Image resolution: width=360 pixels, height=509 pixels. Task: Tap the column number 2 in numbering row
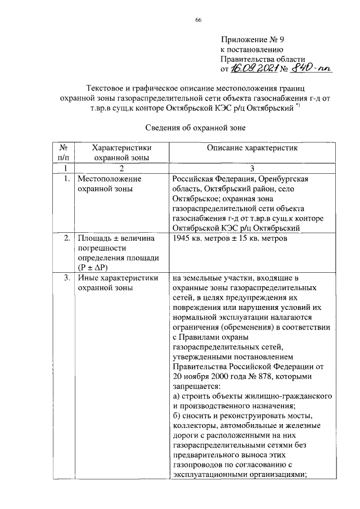121,168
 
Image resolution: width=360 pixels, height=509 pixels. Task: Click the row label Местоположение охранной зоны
109,183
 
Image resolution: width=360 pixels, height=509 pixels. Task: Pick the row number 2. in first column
66,238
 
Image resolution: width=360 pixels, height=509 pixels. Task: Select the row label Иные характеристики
118,277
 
